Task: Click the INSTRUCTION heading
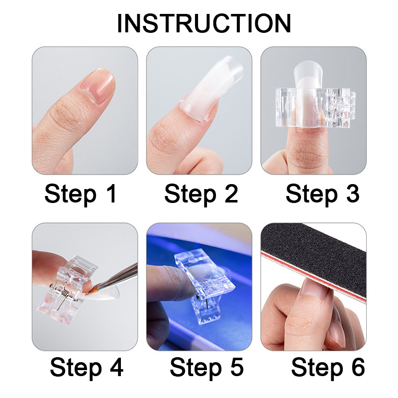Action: coord(204,23)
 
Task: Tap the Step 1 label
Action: coord(81,194)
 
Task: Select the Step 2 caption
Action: coord(201,194)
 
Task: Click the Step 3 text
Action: coord(322,194)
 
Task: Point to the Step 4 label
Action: coord(87,368)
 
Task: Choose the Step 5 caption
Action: coord(206,368)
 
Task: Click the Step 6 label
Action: coord(328,368)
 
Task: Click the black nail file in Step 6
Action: coord(314,259)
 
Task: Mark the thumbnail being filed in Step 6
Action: coord(315,291)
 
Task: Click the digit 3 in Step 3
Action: coord(353,193)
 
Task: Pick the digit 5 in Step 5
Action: coord(237,367)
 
